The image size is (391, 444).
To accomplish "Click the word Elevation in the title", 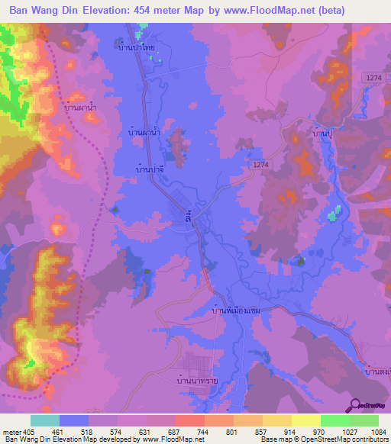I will tap(111, 11).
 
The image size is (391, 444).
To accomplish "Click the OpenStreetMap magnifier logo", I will tap(354, 406).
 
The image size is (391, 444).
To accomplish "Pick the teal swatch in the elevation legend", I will tap(44, 420).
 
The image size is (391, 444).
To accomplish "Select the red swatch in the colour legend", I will tap(189, 420).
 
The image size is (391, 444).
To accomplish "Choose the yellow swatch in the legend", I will tap(276, 420).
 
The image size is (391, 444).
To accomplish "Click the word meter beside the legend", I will tap(11, 432).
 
